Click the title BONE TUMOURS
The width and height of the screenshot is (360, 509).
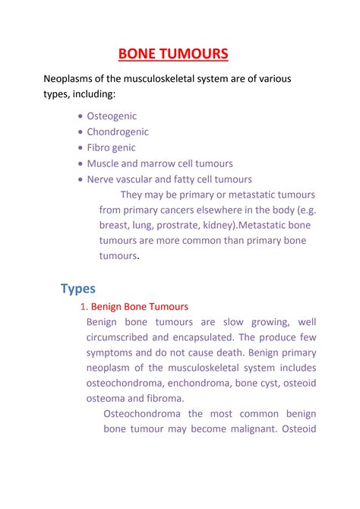tap(172, 54)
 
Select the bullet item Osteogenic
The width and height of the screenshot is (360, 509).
tap(112, 116)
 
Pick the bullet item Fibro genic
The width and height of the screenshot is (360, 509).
tap(114, 147)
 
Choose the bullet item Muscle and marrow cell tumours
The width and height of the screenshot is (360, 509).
tap(159, 163)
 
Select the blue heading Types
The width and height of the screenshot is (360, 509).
tap(77, 289)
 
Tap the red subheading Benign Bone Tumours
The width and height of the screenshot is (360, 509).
tap(139, 306)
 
